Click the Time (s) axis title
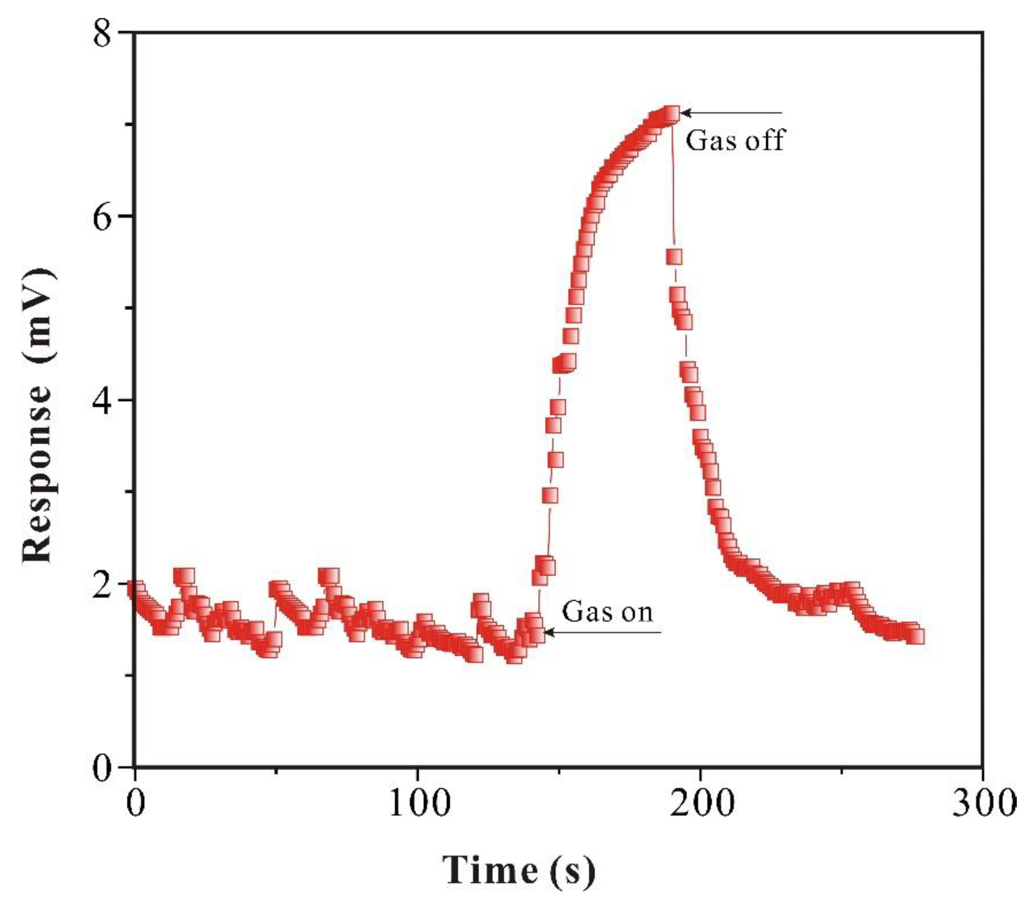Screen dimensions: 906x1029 tap(519, 871)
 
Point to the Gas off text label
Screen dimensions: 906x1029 tap(736, 141)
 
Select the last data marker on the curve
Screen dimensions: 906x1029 tap(916, 637)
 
